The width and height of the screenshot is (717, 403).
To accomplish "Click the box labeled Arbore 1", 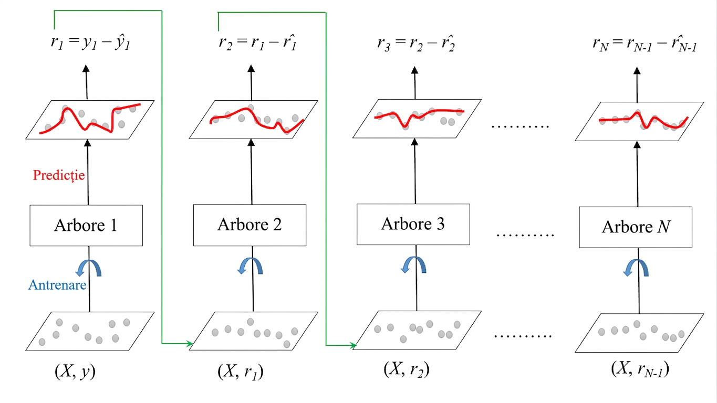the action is (x=86, y=226).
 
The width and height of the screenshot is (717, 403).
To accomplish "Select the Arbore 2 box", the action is (x=250, y=225).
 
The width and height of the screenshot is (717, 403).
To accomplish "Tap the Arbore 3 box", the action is (x=413, y=224).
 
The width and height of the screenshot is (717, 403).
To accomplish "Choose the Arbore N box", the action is (x=636, y=227).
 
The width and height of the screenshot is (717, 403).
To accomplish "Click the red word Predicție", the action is (x=59, y=175).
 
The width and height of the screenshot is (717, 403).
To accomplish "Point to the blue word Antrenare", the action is (x=57, y=284).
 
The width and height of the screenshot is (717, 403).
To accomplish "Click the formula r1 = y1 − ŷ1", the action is (x=90, y=43).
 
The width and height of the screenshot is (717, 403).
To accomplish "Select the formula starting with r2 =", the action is (x=258, y=42).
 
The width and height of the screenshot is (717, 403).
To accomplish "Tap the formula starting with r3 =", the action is (x=416, y=43).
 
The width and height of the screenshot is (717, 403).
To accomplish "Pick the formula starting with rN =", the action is (x=645, y=44).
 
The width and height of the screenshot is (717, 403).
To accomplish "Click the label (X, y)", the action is (x=75, y=371).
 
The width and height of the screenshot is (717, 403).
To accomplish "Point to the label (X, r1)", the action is (x=241, y=372).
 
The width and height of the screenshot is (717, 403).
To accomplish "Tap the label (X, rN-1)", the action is (x=640, y=369).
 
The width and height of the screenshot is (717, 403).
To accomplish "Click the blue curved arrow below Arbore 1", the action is (x=89, y=268).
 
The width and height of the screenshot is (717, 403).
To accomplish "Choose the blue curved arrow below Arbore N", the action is (x=636, y=268).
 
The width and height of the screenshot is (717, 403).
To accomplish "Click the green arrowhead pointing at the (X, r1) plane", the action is (x=190, y=344).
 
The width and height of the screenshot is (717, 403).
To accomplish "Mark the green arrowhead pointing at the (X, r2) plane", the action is (x=353, y=345).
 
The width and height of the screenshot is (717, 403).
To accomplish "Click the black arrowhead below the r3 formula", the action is (x=414, y=70).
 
